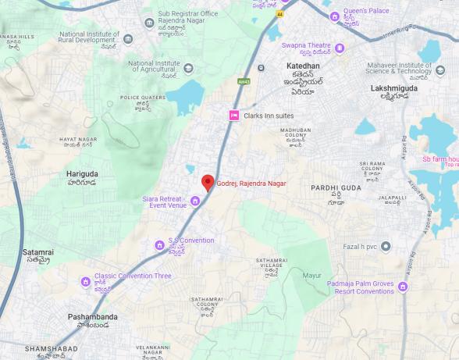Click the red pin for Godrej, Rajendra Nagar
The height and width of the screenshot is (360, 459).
207,183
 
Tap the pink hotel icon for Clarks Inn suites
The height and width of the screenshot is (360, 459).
233,116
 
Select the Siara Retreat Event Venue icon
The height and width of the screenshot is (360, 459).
194,201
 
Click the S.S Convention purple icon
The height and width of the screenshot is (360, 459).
159,244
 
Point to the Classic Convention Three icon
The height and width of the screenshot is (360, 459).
85,281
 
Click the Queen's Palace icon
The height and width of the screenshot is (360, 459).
334,17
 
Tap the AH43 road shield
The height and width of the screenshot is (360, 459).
243,80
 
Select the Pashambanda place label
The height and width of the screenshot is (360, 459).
91,316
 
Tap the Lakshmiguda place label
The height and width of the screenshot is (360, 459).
395,89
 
